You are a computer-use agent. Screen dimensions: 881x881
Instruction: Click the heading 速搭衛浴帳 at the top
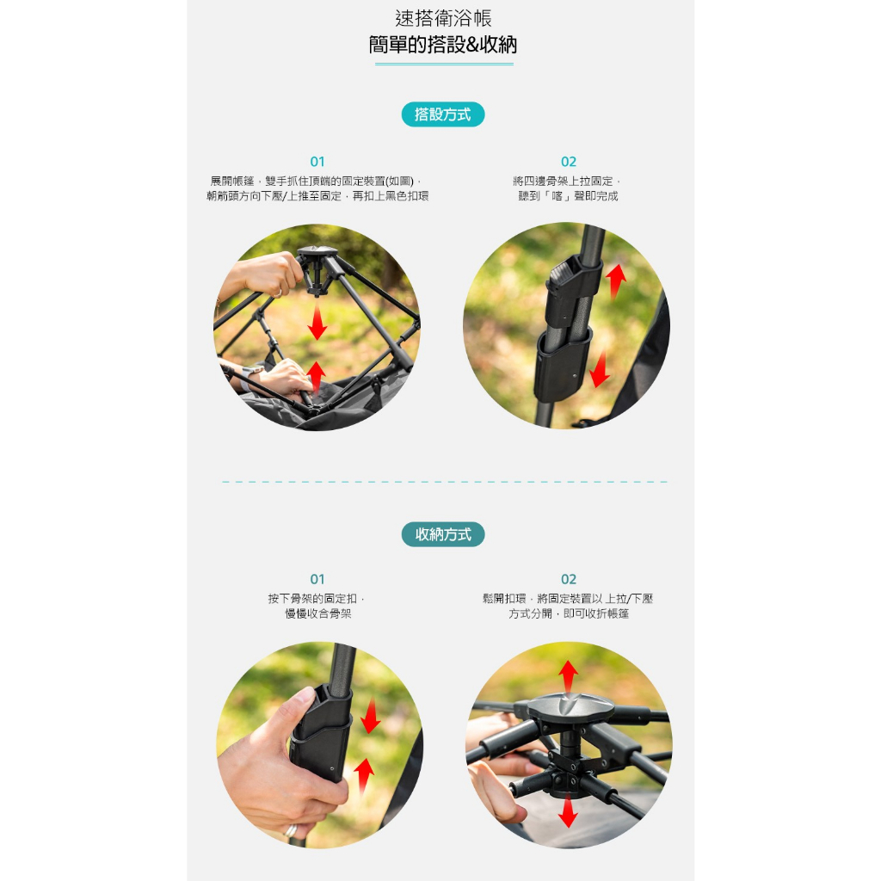tap(443, 19)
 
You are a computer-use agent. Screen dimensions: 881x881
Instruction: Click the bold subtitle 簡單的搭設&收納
tap(443, 45)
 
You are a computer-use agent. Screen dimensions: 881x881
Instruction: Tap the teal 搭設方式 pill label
tap(443, 114)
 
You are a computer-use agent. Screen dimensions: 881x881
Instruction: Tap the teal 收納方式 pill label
tap(443, 534)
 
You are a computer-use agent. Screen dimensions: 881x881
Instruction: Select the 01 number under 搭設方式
tap(317, 162)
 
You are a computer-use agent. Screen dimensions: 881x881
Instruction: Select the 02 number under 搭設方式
tap(569, 162)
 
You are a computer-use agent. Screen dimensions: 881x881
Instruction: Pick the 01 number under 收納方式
tap(317, 579)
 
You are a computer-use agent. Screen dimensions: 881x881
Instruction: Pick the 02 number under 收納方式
tap(569, 579)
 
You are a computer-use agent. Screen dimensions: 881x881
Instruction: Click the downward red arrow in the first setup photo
tap(317, 321)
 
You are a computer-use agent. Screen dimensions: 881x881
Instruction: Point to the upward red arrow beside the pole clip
tap(616, 280)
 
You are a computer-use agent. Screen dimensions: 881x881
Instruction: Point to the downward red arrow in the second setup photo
tap(600, 368)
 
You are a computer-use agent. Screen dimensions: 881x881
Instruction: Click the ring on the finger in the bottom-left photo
tap(291, 831)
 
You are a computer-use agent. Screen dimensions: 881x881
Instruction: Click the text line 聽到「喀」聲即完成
tap(568, 196)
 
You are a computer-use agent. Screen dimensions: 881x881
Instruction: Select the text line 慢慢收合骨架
tap(318, 613)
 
